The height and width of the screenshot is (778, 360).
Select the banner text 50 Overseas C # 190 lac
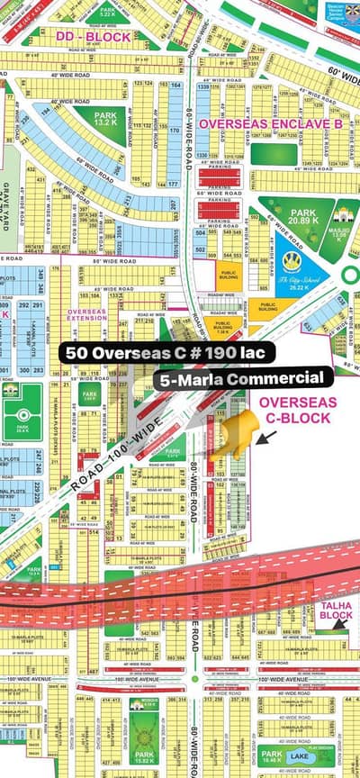pyautogui.click(x=163, y=352)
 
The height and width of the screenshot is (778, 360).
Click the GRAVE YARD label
pyautogui.click(x=8, y=203)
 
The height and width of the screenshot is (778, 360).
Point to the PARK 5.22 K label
pyautogui.click(x=107, y=11)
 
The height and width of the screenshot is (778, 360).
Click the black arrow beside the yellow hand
pyautogui.click(x=266, y=437)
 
